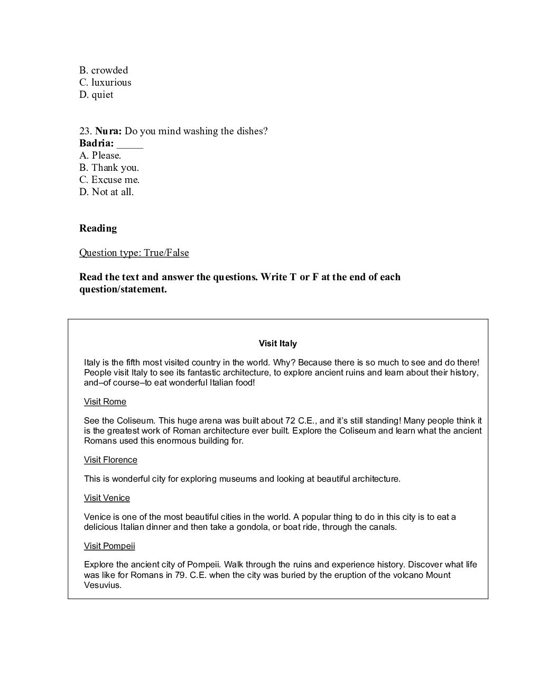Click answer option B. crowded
[x=104, y=70]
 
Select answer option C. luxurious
[x=105, y=82]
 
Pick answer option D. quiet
[x=96, y=95]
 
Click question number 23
[x=86, y=131]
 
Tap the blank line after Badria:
[x=130, y=144]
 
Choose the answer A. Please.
[x=100, y=155]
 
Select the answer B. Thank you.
[x=109, y=168]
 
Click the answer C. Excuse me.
[x=109, y=180]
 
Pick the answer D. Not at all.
[x=106, y=192]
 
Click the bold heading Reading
[x=98, y=228]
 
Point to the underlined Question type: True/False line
[x=134, y=253]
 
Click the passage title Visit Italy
[x=277, y=344]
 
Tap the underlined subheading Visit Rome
[x=105, y=402]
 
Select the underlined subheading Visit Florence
[x=110, y=460]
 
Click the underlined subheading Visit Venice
[x=107, y=498]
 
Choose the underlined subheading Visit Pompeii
[x=109, y=546]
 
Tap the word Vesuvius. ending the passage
[x=103, y=585]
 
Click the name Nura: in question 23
[x=108, y=131]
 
